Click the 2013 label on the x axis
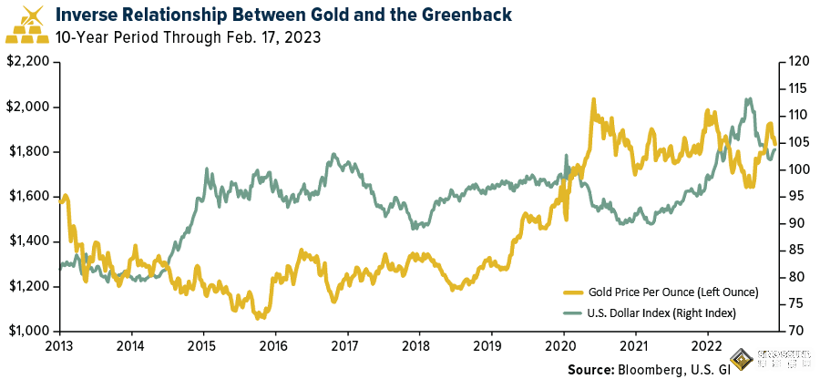tap(60, 345)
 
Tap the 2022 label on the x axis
tap(706, 345)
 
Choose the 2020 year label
tap(562, 345)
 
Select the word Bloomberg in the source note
tap(651, 370)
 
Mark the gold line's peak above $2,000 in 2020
tap(594, 99)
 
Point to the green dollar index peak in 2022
tap(749, 99)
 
